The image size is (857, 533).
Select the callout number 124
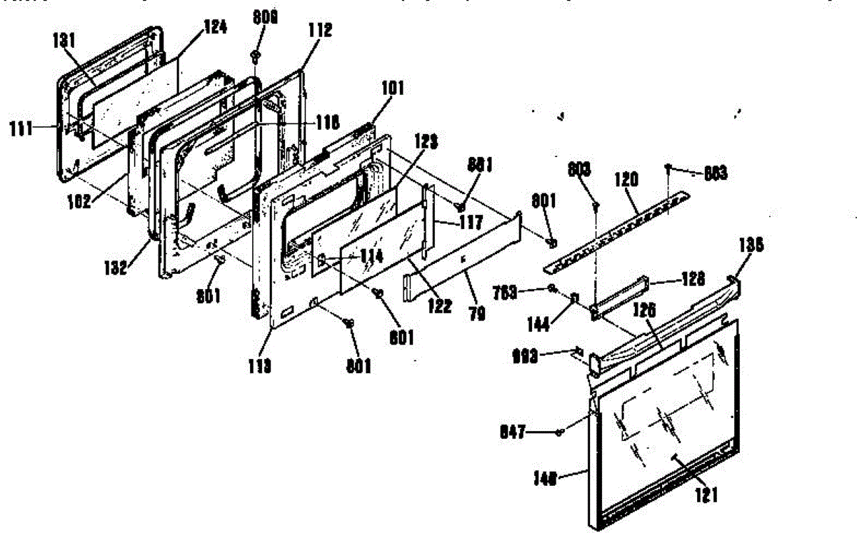coord(215,28)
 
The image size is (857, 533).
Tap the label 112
coord(321,30)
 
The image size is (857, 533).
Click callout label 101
coord(392,88)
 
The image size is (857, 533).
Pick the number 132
coord(114,268)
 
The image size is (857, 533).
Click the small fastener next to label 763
coord(552,288)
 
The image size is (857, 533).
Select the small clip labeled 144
coord(573,297)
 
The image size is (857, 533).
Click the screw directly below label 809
coord(255,56)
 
